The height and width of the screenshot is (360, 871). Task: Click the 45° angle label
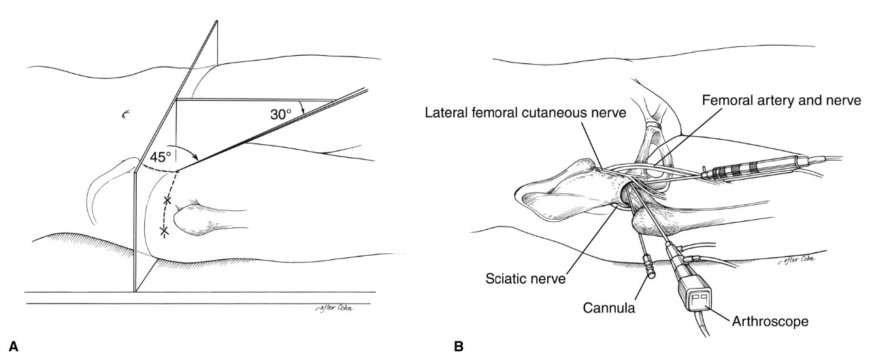[x=161, y=157]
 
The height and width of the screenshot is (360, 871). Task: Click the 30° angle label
[x=281, y=114]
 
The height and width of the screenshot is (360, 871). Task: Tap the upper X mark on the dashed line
[x=167, y=201]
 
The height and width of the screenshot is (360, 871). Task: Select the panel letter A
[x=13, y=346]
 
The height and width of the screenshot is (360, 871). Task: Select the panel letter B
[x=459, y=346]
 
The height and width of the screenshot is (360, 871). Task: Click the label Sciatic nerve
[x=526, y=278]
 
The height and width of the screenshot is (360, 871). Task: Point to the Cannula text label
[x=609, y=308]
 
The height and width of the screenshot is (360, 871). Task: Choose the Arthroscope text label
[x=770, y=321]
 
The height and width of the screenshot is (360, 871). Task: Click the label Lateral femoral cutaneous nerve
[x=526, y=113]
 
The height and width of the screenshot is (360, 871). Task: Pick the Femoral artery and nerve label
[x=782, y=100]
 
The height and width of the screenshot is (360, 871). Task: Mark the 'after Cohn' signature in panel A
[x=334, y=308]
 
